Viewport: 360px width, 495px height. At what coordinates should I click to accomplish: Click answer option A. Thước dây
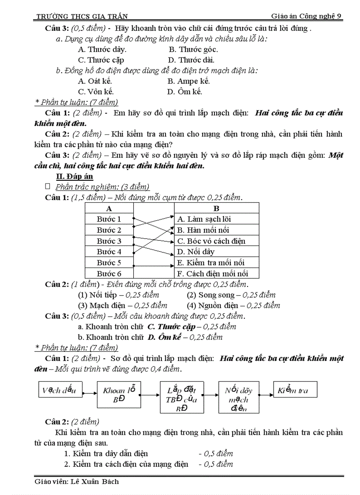click(102, 49)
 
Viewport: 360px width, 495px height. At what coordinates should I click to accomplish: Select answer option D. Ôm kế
click(184, 92)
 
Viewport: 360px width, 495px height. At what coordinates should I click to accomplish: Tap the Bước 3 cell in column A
click(109, 241)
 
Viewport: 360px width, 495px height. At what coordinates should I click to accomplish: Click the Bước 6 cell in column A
click(109, 274)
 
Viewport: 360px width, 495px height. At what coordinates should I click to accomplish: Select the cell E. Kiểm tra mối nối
click(210, 263)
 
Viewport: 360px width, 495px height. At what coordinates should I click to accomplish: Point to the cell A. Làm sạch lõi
click(204, 219)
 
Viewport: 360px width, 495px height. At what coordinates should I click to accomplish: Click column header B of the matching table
click(216, 208)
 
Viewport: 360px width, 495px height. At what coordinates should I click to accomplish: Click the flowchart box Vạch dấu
click(60, 390)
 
